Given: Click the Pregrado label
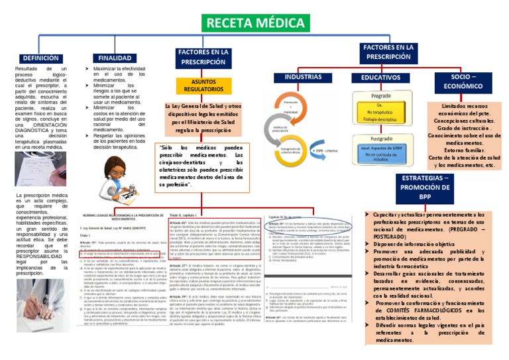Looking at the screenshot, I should point(380,97).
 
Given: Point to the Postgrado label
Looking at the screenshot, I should point(380,139).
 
